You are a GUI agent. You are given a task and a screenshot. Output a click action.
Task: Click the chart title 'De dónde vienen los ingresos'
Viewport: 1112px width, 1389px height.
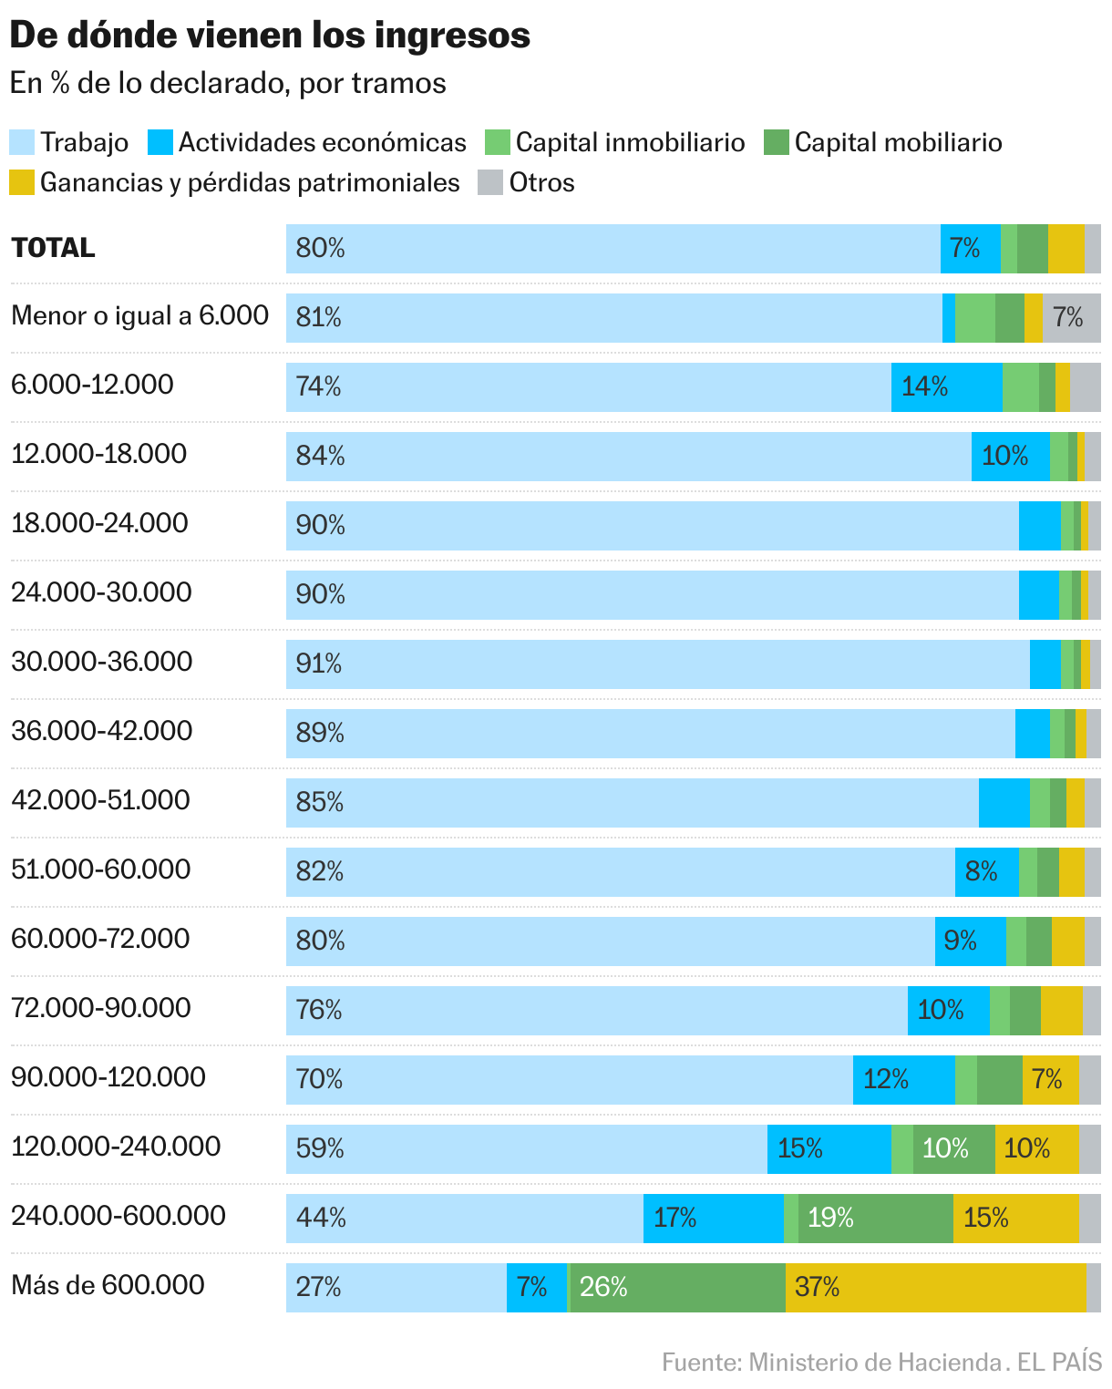tap(270, 35)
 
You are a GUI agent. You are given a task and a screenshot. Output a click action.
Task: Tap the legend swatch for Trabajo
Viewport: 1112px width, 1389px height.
tap(22, 142)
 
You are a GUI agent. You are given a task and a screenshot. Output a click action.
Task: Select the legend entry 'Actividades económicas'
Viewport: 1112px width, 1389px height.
tap(322, 142)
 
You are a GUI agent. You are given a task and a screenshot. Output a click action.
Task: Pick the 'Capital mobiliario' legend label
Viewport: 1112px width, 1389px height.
tap(898, 142)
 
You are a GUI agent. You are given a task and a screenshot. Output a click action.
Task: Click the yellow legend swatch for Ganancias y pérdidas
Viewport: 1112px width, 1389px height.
tap(22, 182)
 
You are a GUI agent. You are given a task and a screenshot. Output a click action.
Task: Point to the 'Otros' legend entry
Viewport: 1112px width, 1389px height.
tap(541, 182)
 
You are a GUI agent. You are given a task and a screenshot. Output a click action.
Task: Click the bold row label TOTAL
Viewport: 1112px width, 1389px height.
tap(53, 248)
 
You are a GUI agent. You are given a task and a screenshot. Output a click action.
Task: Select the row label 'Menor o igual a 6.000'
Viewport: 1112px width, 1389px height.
tap(140, 316)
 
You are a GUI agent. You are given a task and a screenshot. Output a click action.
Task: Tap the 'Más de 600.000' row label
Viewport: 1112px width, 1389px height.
tap(108, 1285)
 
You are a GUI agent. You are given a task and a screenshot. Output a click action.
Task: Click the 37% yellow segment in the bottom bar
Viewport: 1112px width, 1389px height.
tap(935, 1287)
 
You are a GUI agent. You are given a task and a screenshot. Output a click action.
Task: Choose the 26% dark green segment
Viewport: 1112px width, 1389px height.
tap(677, 1287)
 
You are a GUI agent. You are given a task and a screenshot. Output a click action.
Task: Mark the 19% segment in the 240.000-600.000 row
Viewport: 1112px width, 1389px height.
tap(876, 1218)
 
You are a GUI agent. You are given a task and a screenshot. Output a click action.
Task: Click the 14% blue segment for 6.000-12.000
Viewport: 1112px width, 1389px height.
tap(946, 386)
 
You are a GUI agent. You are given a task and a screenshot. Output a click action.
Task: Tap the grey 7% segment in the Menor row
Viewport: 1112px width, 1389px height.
tap(1071, 317)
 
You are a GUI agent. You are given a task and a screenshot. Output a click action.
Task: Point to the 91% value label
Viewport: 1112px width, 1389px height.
tap(319, 664)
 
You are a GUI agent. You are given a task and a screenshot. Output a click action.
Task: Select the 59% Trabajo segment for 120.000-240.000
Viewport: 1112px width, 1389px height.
tap(526, 1148)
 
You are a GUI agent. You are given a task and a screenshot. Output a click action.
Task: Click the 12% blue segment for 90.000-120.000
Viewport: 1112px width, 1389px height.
tap(903, 1079)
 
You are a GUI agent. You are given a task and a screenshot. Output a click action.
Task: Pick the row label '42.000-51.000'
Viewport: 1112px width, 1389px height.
tap(100, 800)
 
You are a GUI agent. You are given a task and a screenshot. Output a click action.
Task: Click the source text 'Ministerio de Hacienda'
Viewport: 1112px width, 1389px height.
tap(874, 1363)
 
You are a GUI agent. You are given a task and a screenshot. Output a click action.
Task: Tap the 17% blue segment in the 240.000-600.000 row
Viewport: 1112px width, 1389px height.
tap(713, 1218)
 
